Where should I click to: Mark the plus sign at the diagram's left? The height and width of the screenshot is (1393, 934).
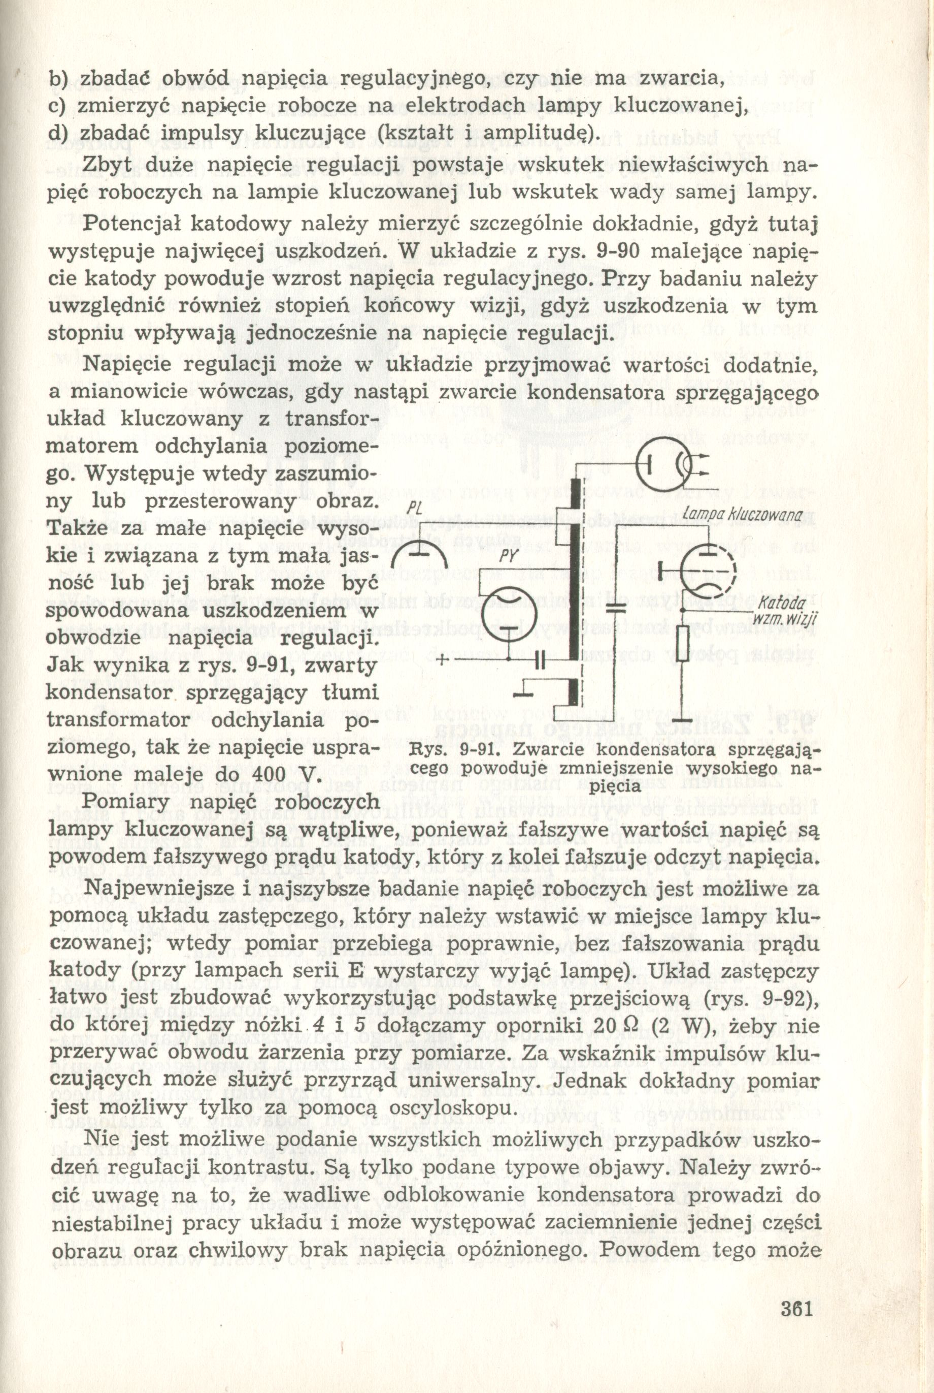coord(443,660)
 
